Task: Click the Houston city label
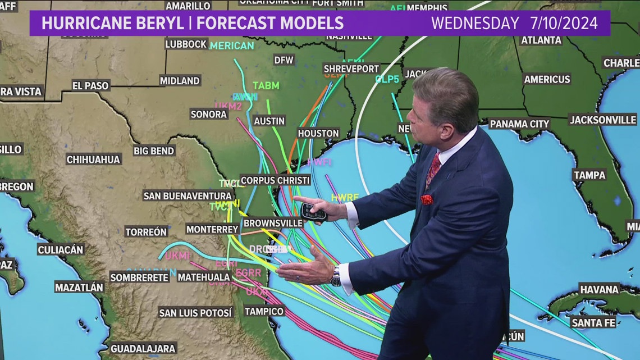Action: pyautogui.click(x=318, y=133)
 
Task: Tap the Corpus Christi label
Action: pyautogui.click(x=275, y=180)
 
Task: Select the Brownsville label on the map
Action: pyautogui.click(x=273, y=223)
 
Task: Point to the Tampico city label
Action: pyautogui.click(x=264, y=311)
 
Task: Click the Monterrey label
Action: pyautogui.click(x=213, y=229)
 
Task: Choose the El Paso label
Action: pyautogui.click(x=90, y=85)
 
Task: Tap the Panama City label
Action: pyautogui.click(x=519, y=124)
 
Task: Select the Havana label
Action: pyautogui.click(x=599, y=289)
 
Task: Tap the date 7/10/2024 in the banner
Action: pyautogui.click(x=563, y=23)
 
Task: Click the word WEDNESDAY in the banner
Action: pyautogui.click(x=474, y=23)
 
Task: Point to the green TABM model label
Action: pyautogui.click(x=266, y=85)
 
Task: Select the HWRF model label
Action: pyautogui.click(x=345, y=198)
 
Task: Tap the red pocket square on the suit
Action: pyautogui.click(x=427, y=199)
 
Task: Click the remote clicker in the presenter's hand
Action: pyautogui.click(x=313, y=212)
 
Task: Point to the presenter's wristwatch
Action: pyautogui.click(x=336, y=276)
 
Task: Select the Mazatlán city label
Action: pyautogui.click(x=79, y=287)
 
